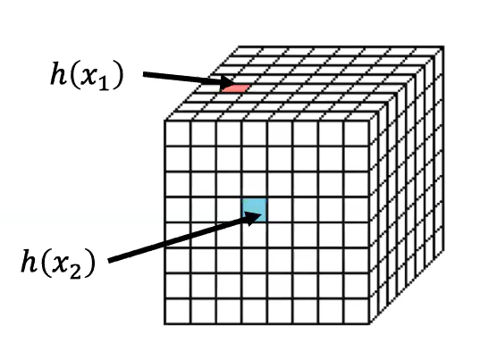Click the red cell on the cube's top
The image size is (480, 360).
coord(235,88)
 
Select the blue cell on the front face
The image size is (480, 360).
coord(255,210)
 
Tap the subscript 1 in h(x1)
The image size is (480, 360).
coord(104,83)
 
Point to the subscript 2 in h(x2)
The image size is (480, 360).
coord(75,272)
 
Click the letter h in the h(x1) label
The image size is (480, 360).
coord(58,73)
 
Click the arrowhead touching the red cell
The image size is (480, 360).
coord(227,82)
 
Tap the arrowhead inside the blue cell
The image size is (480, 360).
coord(254,217)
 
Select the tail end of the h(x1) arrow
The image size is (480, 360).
coord(144,74)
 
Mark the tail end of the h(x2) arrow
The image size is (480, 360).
coord(109,261)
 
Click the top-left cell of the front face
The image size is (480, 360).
coord(178,134)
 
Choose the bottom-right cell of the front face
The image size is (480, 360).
coord(357,312)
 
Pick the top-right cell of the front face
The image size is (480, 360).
coord(357,134)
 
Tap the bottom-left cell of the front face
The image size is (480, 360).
coord(178,312)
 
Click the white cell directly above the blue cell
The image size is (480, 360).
coord(255,185)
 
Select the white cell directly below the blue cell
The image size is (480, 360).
coord(255,235)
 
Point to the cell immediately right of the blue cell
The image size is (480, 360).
coord(280,210)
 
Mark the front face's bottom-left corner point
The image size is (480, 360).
coord(165,324)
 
